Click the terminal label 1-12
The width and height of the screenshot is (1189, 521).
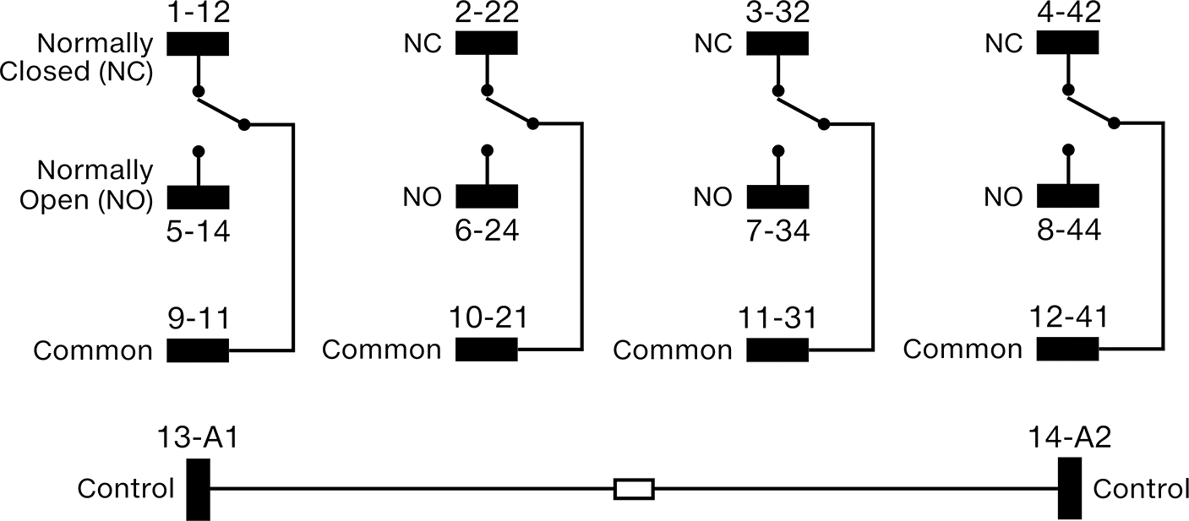click(x=198, y=12)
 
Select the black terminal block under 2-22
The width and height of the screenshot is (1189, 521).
click(x=486, y=43)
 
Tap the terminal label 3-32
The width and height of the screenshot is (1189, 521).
click(x=777, y=12)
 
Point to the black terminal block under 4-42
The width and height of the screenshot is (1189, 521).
click(x=1067, y=42)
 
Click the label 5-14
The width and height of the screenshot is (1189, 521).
click(x=198, y=232)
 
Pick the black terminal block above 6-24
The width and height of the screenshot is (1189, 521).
click(x=487, y=196)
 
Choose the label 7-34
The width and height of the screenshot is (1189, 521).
click(x=777, y=231)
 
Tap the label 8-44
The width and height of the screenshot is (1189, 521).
click(x=1068, y=231)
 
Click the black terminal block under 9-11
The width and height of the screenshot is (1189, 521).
click(x=198, y=350)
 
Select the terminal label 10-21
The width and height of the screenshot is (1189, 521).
click(x=488, y=317)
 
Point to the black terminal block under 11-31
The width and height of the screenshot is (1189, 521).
click(x=777, y=350)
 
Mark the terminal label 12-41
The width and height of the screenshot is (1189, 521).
click(x=1068, y=317)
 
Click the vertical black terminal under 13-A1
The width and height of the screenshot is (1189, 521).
click(x=198, y=490)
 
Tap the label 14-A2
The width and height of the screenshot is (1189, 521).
click(x=1070, y=437)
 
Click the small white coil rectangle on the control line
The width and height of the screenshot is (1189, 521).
click(x=634, y=489)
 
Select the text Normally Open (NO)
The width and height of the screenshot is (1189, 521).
click(x=86, y=185)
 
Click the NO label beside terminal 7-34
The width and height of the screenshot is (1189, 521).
click(x=713, y=198)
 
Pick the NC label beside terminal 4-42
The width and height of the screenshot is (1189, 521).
click(x=1003, y=44)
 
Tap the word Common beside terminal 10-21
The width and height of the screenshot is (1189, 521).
click(x=382, y=350)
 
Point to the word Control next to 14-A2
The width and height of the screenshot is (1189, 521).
click(x=1141, y=489)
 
